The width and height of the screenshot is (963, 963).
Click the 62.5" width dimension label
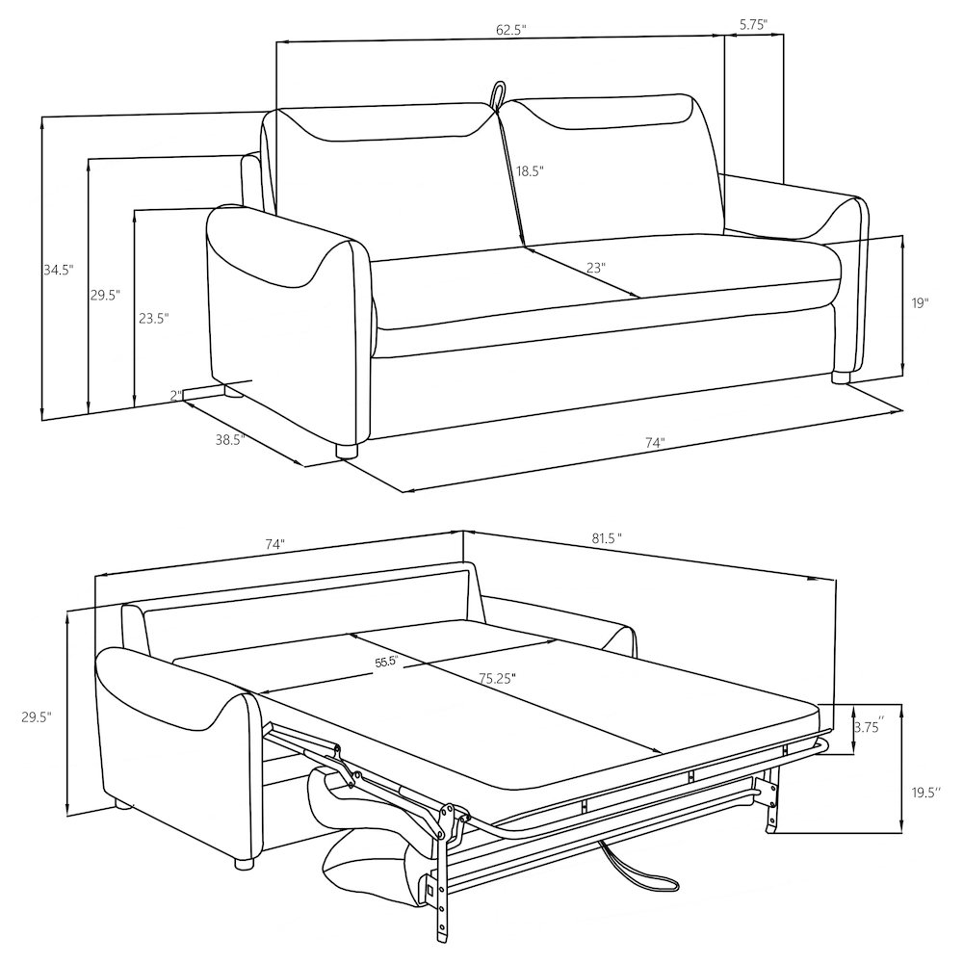click(510, 30)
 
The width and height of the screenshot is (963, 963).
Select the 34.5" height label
click(58, 271)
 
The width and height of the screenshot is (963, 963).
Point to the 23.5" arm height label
click(152, 318)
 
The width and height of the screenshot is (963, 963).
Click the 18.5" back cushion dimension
click(529, 171)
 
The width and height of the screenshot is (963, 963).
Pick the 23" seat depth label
click(595, 268)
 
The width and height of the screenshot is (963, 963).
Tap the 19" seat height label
click(920, 303)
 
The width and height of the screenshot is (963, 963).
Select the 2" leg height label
click(175, 395)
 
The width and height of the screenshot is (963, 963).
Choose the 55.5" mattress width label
click(386, 664)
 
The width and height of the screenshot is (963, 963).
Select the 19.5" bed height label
click(924, 793)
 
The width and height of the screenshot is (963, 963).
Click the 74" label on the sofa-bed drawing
click(274, 544)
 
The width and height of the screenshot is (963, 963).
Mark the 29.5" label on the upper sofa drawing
click(105, 296)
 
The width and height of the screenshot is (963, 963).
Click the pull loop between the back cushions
click(498, 94)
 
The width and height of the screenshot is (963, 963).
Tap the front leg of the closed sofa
click(348, 449)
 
